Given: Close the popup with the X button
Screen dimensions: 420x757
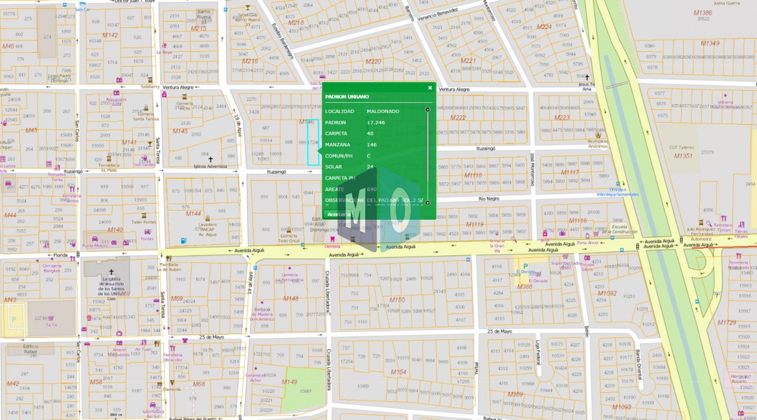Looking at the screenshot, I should coord(430,88).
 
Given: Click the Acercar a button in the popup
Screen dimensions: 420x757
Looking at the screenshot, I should coord(339,214).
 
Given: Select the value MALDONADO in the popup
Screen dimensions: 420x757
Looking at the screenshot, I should coord(383,111).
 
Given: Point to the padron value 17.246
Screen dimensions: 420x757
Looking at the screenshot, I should coord(376,122).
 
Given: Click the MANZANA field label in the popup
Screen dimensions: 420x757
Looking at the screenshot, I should coord(337,144).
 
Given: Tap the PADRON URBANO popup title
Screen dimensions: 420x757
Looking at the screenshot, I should coord(347,96).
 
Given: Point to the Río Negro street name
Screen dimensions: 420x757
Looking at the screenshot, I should coord(489,198).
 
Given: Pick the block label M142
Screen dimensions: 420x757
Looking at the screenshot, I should coord(110,35).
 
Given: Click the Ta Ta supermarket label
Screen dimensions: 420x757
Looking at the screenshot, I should coord(51,325).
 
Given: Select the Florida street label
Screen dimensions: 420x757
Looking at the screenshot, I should coord(61,255).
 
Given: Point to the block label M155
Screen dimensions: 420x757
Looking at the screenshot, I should coord(397,299).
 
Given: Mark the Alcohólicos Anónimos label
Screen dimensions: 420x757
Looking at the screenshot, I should coord(601,144).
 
